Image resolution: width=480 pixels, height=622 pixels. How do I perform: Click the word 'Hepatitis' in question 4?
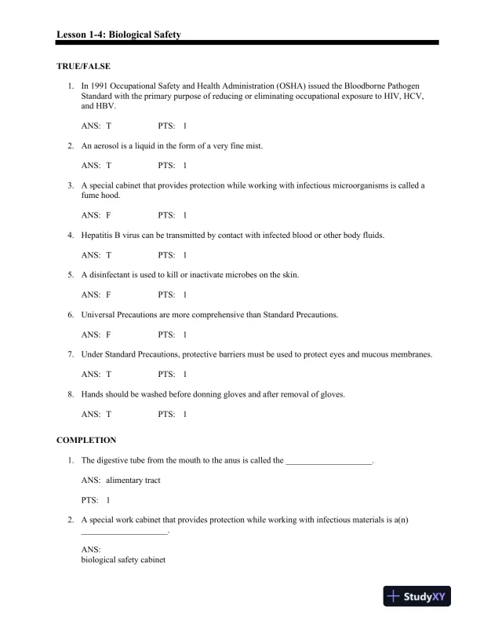pos(98,235)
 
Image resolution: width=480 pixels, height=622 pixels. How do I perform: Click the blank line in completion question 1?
pos(329,461)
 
